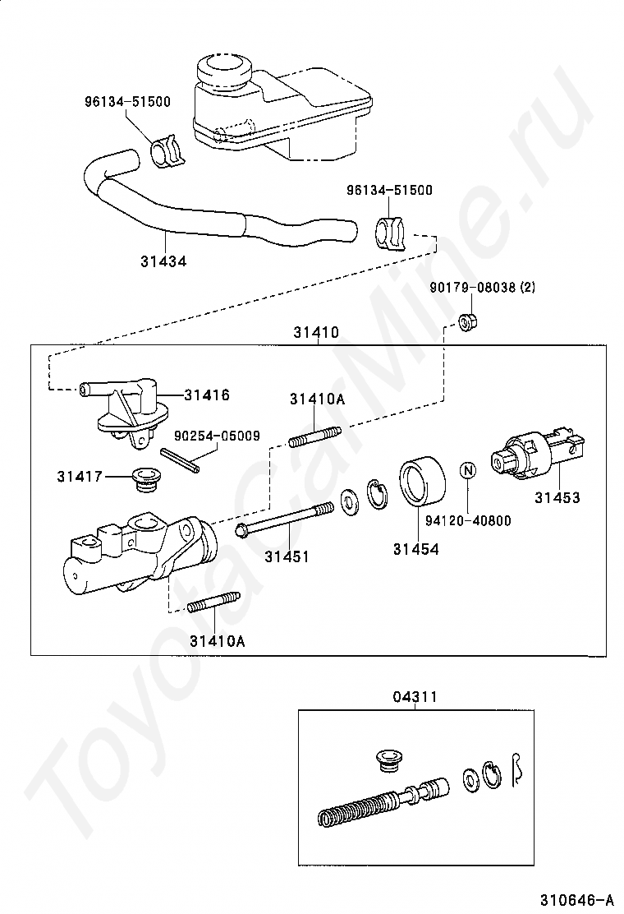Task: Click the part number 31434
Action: [x=163, y=261]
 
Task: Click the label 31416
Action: [x=206, y=395]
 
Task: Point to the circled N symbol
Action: [x=467, y=471]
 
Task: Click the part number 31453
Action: [x=557, y=497]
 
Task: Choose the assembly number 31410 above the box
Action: [x=315, y=333]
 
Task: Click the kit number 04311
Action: [x=414, y=697]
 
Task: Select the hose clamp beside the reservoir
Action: [x=169, y=150]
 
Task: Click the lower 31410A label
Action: [x=217, y=640]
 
